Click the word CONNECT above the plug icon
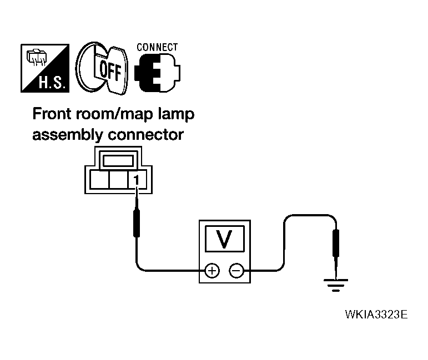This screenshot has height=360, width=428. coord(157,47)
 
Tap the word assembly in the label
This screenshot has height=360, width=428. coord(67,134)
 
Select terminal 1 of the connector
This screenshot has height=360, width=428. coord(135,180)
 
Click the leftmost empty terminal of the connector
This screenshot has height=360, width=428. coord(99,180)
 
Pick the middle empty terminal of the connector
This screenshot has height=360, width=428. coord(117,180)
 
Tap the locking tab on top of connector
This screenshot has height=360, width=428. coord(117,161)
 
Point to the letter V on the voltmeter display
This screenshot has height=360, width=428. coord(224,239)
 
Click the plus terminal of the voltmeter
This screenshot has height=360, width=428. coord(212,270)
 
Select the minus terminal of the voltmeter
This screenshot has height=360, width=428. coord(236,270)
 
